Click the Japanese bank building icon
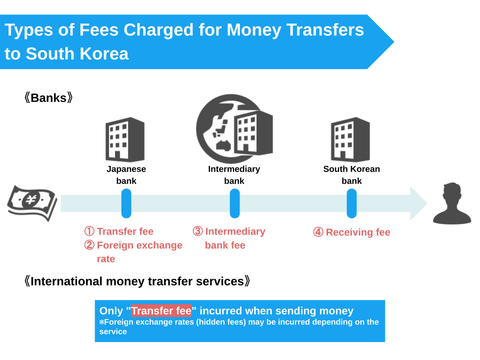tap(125, 139)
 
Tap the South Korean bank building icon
tap(350, 139)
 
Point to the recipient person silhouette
tap(452, 203)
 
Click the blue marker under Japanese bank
tap(126, 203)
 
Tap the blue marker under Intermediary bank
tap(234, 203)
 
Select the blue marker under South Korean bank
tap(351, 203)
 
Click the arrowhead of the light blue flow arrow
tap(418, 203)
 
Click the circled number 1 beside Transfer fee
tap(89, 231)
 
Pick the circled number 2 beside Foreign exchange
tap(89, 245)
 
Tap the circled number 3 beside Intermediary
tap(198, 231)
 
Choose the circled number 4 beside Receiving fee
tap(318, 232)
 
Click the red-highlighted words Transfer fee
tap(161, 310)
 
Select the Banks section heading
tap(48, 98)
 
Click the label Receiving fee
tap(358, 232)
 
